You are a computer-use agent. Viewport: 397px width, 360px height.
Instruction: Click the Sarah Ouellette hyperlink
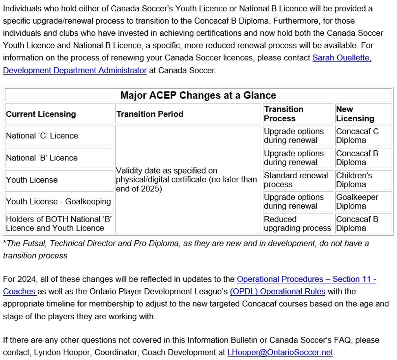pyautogui.click(x=342, y=58)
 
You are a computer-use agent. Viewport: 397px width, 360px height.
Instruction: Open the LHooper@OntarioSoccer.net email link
pyautogui.click(x=280, y=353)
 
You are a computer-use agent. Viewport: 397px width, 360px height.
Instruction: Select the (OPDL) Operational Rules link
pyautogui.click(x=277, y=291)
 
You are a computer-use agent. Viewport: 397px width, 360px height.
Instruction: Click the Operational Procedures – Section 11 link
pyautogui.click(x=306, y=279)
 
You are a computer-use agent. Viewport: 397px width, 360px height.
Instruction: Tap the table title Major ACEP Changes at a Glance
pyautogui.click(x=198, y=95)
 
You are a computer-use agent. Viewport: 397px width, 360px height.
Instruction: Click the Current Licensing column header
pyautogui.click(x=41, y=114)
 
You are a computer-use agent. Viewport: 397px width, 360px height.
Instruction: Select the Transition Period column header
pyautogui.click(x=150, y=114)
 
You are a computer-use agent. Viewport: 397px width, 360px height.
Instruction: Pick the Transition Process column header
pyautogui.click(x=283, y=114)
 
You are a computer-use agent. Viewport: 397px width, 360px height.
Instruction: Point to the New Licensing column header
pyautogui.click(x=350, y=114)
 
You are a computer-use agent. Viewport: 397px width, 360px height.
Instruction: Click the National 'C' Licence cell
pyautogui.click(x=42, y=136)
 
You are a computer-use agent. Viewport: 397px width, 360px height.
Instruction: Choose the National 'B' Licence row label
pyautogui.click(x=42, y=158)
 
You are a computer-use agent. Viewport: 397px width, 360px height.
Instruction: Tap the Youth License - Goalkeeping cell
pyautogui.click(x=58, y=202)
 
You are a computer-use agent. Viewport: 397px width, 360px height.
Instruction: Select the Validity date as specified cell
pyautogui.click(x=186, y=180)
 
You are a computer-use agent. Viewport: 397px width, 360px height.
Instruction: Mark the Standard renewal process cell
pyautogui.click(x=296, y=180)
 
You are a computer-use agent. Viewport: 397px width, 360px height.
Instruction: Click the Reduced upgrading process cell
pyautogui.click(x=297, y=224)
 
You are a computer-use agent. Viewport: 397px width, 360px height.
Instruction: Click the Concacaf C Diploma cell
pyautogui.click(x=357, y=136)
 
